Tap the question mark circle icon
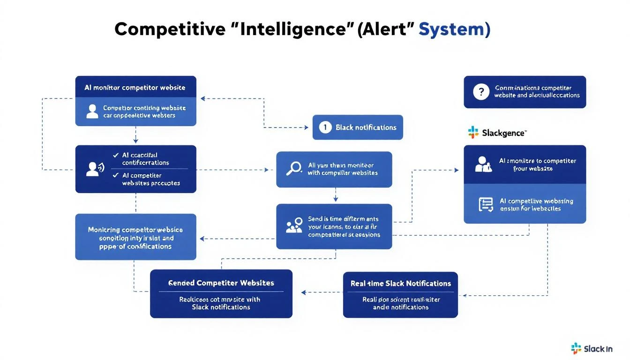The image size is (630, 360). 481,92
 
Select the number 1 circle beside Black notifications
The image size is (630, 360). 325,127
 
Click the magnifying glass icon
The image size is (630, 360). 293,169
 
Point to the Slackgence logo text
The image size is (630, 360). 503,133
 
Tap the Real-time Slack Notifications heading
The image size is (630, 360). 400,284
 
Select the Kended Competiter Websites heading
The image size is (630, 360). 221,283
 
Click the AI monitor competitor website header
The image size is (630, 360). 135,88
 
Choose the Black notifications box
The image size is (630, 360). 358,127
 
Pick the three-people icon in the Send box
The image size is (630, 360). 294,226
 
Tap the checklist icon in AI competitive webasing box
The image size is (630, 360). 486,205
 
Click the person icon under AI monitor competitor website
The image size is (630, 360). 93,112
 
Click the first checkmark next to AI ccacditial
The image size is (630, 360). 115,155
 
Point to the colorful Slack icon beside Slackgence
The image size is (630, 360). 473,133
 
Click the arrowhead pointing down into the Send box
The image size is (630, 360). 335,200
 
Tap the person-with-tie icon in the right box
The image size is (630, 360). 484,165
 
